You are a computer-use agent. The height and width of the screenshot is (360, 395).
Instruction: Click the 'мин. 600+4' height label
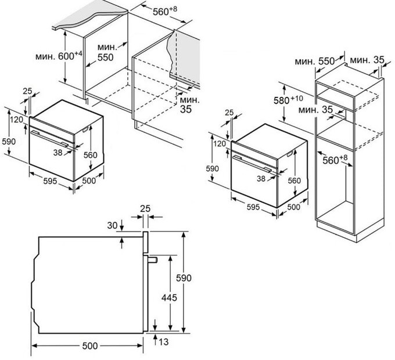[59, 56]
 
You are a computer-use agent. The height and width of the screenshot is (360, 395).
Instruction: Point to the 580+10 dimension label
[288, 100]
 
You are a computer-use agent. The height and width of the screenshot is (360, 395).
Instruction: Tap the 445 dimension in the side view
[169, 297]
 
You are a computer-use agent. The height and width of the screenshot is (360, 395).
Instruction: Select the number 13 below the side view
[164, 341]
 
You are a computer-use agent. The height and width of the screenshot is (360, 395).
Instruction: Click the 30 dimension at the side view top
[112, 225]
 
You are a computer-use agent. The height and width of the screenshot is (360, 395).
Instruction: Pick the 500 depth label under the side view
[90, 345]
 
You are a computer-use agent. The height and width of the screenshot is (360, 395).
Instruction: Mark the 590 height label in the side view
[184, 278]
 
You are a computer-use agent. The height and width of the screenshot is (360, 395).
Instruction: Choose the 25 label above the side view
[145, 208]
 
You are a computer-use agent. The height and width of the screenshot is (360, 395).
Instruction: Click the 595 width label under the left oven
[50, 181]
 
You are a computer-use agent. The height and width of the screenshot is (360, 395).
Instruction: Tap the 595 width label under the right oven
[253, 207]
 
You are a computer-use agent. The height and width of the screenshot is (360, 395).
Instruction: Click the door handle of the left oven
[49, 138]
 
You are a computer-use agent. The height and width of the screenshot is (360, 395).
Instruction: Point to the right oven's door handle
[252, 163]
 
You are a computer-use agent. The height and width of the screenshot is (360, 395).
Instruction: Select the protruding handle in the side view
[152, 260]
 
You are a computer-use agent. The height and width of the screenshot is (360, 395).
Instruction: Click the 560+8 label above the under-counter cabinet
[165, 11]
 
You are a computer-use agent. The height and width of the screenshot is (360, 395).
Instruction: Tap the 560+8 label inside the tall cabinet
[335, 159]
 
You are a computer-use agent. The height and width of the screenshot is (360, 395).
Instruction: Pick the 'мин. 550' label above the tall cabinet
[315, 61]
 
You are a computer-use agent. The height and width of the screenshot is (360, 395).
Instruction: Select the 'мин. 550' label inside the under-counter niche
[107, 52]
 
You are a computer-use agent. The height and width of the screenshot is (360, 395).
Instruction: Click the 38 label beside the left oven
[58, 152]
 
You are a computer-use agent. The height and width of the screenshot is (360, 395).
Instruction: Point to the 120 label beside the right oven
[219, 144]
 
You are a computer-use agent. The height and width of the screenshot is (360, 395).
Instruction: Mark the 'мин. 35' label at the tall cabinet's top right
[367, 60]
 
